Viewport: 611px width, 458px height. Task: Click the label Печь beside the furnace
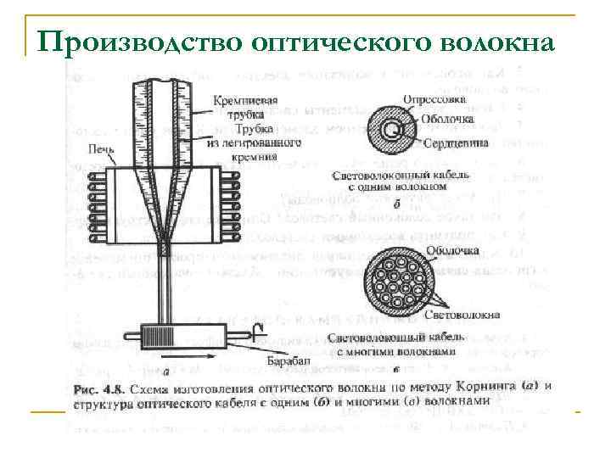tap(99, 148)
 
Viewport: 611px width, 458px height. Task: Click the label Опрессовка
tap(432, 97)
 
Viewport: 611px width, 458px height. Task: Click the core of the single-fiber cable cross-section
tap(391, 130)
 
